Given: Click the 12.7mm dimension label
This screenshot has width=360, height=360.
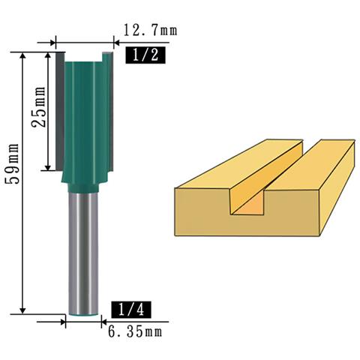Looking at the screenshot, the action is [151, 31].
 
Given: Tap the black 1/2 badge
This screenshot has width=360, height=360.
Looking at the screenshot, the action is [145, 55].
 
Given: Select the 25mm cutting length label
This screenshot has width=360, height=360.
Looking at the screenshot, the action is [39, 107].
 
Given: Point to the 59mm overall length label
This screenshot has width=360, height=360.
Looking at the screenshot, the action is [12, 163].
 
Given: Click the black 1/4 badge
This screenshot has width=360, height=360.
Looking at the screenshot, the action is [131, 310].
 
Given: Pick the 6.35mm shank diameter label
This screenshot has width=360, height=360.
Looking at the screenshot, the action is [135, 332].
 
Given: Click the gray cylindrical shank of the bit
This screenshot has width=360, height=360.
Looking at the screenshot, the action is [83, 253].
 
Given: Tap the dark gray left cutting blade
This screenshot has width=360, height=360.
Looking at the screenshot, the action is [60, 111].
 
